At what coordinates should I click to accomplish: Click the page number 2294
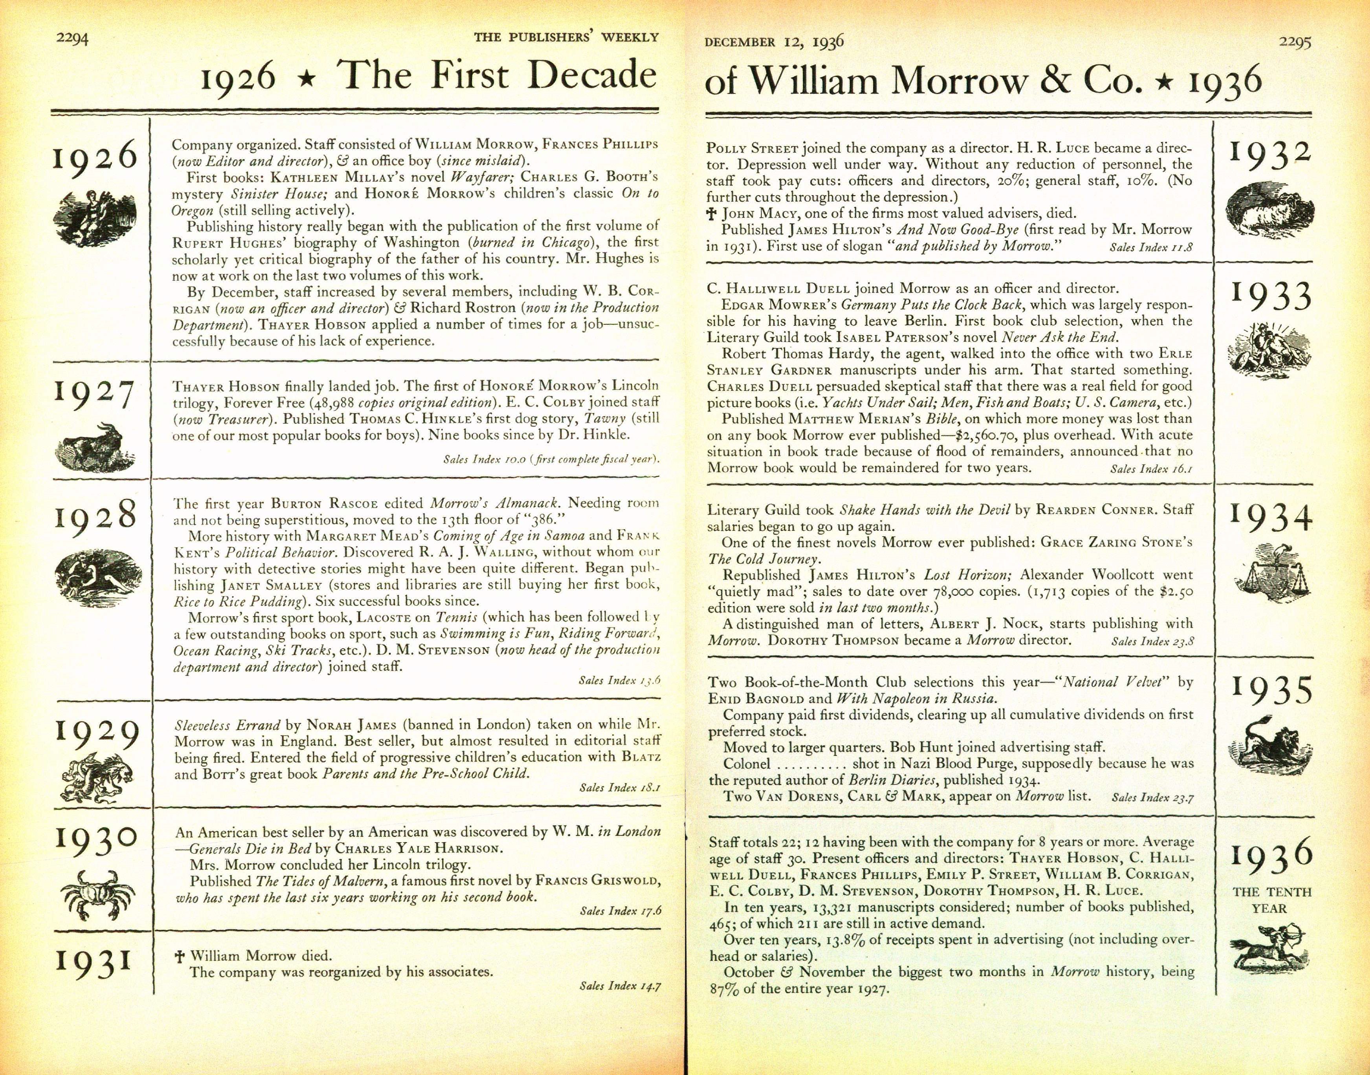click(72, 38)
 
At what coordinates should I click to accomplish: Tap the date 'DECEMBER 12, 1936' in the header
click(774, 42)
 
